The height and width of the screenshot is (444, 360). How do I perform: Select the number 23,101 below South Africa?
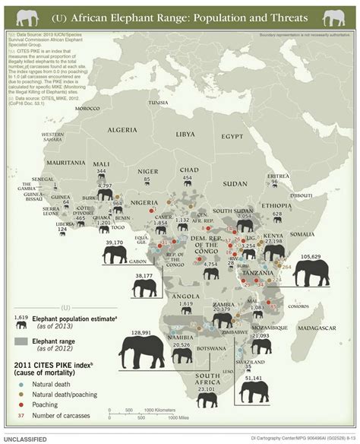tap(205, 389)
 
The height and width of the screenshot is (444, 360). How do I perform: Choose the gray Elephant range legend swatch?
tap(22, 341)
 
